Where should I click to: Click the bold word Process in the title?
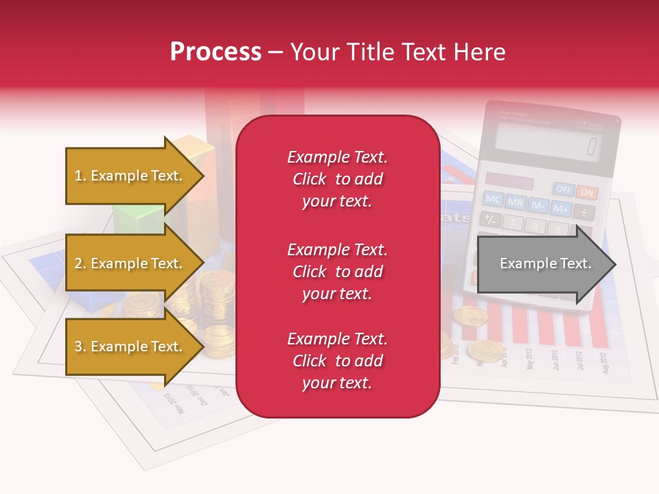pos(216,51)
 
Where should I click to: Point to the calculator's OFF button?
pos(564,189)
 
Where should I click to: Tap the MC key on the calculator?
pos(493,199)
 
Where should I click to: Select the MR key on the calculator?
pos(515,202)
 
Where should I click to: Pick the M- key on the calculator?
pos(538,205)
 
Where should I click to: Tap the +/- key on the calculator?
pos(490,220)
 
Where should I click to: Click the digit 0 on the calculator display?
pos(591,146)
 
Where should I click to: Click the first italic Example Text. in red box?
pos(337,157)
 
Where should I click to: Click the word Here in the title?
pos(481,51)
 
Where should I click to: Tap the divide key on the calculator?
pos(584,212)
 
